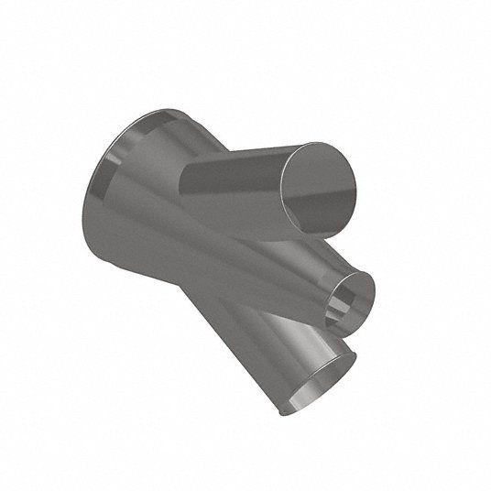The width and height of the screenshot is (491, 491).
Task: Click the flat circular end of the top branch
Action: tap(321, 188)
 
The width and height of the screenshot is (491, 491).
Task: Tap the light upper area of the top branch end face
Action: tap(325, 165)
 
